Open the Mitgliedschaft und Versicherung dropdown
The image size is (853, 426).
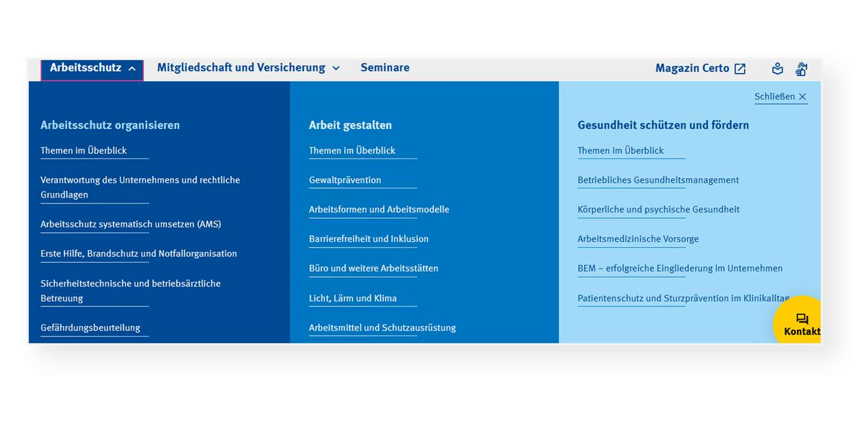(x=248, y=68)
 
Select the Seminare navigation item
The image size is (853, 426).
(x=385, y=68)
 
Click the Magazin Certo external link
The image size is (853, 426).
(x=700, y=68)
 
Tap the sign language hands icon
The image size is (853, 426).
(x=802, y=69)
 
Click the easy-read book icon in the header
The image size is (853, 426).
(x=778, y=69)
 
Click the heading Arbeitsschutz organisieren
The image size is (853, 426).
(x=110, y=125)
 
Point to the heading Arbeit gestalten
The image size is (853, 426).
(x=350, y=125)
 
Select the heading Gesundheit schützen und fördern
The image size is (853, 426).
(x=663, y=125)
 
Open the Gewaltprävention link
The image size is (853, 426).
(x=345, y=180)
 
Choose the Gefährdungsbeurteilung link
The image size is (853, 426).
(x=90, y=328)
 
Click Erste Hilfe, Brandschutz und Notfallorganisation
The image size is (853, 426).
(x=139, y=253)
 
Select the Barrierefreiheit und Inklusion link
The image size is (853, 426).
(x=368, y=239)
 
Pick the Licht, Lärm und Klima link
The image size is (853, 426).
(x=352, y=298)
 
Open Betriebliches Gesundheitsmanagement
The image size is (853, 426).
(x=658, y=180)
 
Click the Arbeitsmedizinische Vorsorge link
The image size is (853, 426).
(x=638, y=239)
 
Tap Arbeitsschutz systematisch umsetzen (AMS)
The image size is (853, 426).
(x=131, y=224)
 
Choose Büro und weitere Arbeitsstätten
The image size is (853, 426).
(x=373, y=268)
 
